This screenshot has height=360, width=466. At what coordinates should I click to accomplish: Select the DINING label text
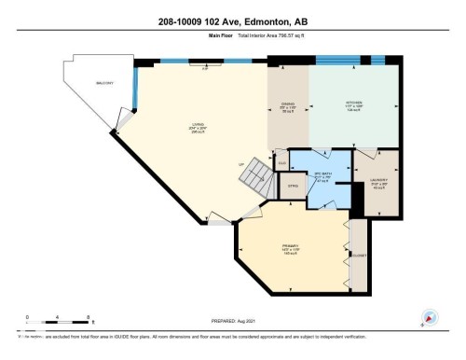click(288, 104)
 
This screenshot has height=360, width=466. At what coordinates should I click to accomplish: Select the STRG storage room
click(292, 187)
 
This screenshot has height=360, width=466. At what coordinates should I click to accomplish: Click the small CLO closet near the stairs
click(281, 164)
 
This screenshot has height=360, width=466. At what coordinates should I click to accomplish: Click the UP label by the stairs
click(241, 165)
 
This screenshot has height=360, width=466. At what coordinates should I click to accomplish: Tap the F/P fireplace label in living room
click(204, 68)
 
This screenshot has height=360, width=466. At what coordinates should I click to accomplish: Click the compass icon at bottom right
click(430, 317)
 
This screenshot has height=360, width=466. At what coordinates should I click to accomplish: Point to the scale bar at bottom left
click(57, 320)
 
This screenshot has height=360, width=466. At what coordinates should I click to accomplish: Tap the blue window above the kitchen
click(344, 61)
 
